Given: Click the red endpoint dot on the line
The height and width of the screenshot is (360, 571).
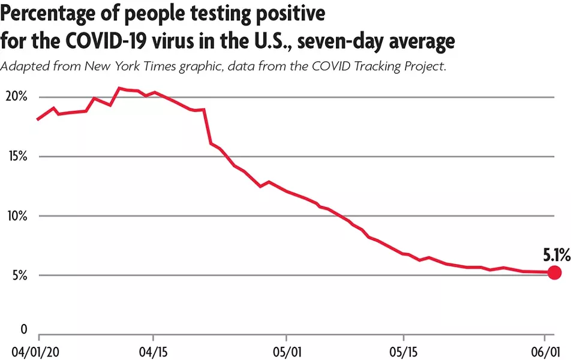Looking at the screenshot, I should (x=554, y=272).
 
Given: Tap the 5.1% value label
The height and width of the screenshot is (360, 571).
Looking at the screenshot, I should (x=556, y=255).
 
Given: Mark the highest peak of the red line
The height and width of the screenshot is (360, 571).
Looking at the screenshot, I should (x=119, y=88).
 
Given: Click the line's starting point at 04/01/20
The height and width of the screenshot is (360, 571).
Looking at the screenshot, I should (x=38, y=119).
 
